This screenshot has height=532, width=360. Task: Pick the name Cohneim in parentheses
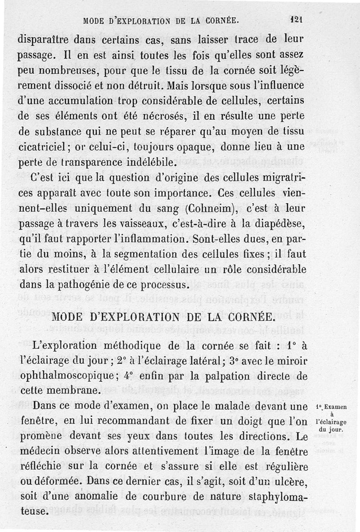point(207,210)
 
